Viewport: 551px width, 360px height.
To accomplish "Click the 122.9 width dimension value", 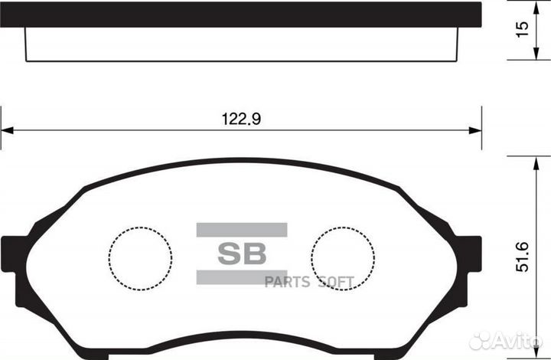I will (241, 119).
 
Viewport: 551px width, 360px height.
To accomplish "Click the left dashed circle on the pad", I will (140, 258).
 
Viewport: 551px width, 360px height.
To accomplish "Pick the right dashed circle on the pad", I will (343, 258).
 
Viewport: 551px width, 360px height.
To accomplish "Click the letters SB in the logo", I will (241, 254).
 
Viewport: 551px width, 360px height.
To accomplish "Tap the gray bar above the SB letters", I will (241, 230).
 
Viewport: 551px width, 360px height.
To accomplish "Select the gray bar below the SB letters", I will (241, 277).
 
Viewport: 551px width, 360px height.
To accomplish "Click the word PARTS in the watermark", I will (286, 283).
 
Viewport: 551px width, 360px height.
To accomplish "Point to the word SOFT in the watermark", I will (334, 283).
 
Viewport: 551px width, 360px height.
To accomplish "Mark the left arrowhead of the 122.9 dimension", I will (6, 130).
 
